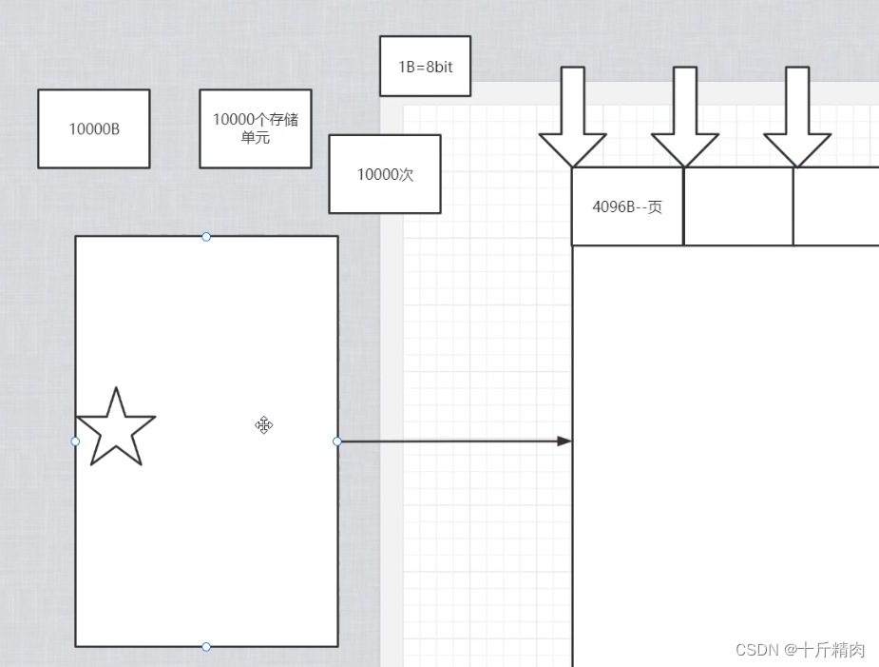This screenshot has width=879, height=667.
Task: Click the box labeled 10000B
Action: [x=94, y=128]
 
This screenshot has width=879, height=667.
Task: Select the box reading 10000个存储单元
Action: [x=255, y=128]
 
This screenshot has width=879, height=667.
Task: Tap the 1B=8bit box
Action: [x=425, y=67]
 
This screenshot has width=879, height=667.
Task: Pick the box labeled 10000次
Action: [x=385, y=174]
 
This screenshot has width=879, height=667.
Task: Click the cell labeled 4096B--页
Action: [x=627, y=206]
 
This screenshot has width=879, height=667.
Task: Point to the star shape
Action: [x=115, y=431]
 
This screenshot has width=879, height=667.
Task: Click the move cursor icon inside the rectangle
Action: [x=264, y=425]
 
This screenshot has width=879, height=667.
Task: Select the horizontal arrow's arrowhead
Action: [x=564, y=441]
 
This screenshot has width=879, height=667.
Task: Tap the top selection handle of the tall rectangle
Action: [x=206, y=236]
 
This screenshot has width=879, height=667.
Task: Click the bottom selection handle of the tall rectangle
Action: [x=206, y=647]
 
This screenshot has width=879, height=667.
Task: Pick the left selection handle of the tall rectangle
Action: [x=76, y=441]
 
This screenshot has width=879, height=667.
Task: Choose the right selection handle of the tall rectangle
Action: [x=337, y=441]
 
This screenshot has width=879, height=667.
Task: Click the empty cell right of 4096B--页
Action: [x=738, y=206]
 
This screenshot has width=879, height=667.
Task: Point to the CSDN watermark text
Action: [x=799, y=650]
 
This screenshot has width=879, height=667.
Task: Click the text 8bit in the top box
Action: [x=439, y=67]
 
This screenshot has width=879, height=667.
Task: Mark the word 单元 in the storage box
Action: [x=256, y=137]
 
